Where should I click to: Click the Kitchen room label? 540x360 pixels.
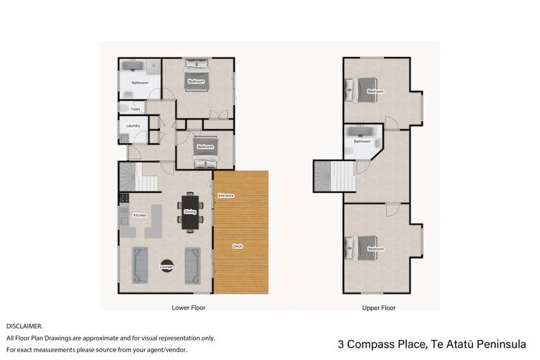click(x=140, y=215)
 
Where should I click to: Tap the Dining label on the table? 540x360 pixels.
click(x=190, y=212)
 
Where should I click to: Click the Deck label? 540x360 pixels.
click(x=237, y=246)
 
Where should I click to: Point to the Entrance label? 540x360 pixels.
click(x=226, y=196)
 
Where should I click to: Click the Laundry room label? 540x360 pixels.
click(x=133, y=126)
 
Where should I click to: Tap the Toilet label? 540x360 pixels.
click(x=135, y=109)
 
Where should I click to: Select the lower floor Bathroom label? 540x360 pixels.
click(x=140, y=83)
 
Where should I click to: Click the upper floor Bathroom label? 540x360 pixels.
click(x=361, y=142)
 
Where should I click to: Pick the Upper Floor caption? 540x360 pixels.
click(x=379, y=307)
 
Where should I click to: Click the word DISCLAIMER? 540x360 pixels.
click(x=24, y=326)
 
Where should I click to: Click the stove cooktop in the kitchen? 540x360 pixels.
click(x=124, y=197)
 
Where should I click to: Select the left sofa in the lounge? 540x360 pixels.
click(x=140, y=265)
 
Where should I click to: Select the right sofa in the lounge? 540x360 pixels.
click(x=193, y=265)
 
